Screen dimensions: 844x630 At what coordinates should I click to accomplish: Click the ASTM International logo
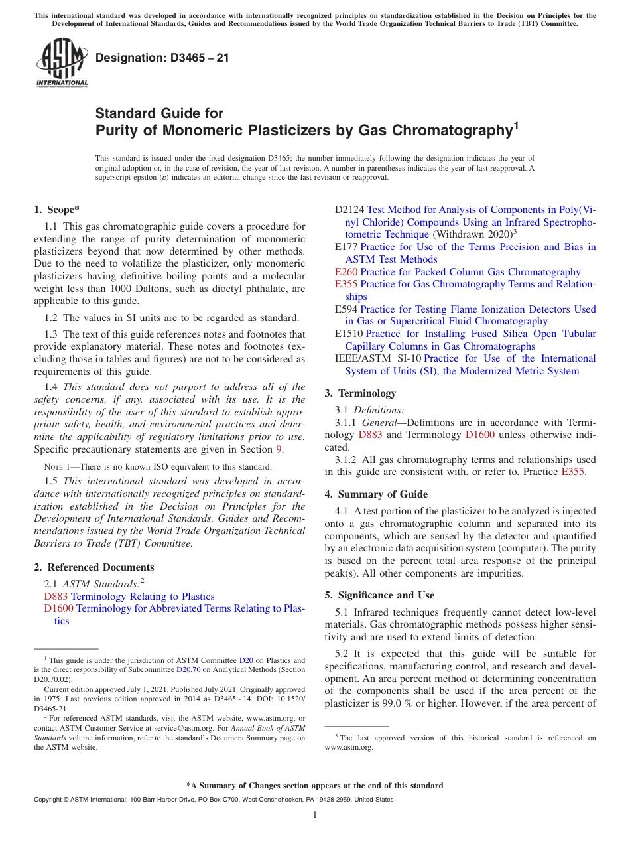click(62, 62)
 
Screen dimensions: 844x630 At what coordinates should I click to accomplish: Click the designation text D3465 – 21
click(162, 58)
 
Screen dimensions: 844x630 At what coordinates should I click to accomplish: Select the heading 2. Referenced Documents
click(94, 567)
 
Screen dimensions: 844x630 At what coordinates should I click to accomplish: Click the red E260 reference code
click(346, 272)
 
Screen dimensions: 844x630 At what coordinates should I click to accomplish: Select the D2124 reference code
click(349, 210)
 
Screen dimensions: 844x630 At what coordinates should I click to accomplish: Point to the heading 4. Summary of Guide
click(376, 494)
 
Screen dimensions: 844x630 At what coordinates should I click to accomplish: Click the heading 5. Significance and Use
click(379, 595)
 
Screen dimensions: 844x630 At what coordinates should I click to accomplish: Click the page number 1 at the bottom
click(315, 815)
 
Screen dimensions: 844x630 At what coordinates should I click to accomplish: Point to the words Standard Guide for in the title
click(160, 113)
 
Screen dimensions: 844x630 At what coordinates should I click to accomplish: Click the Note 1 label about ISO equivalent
click(60, 466)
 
